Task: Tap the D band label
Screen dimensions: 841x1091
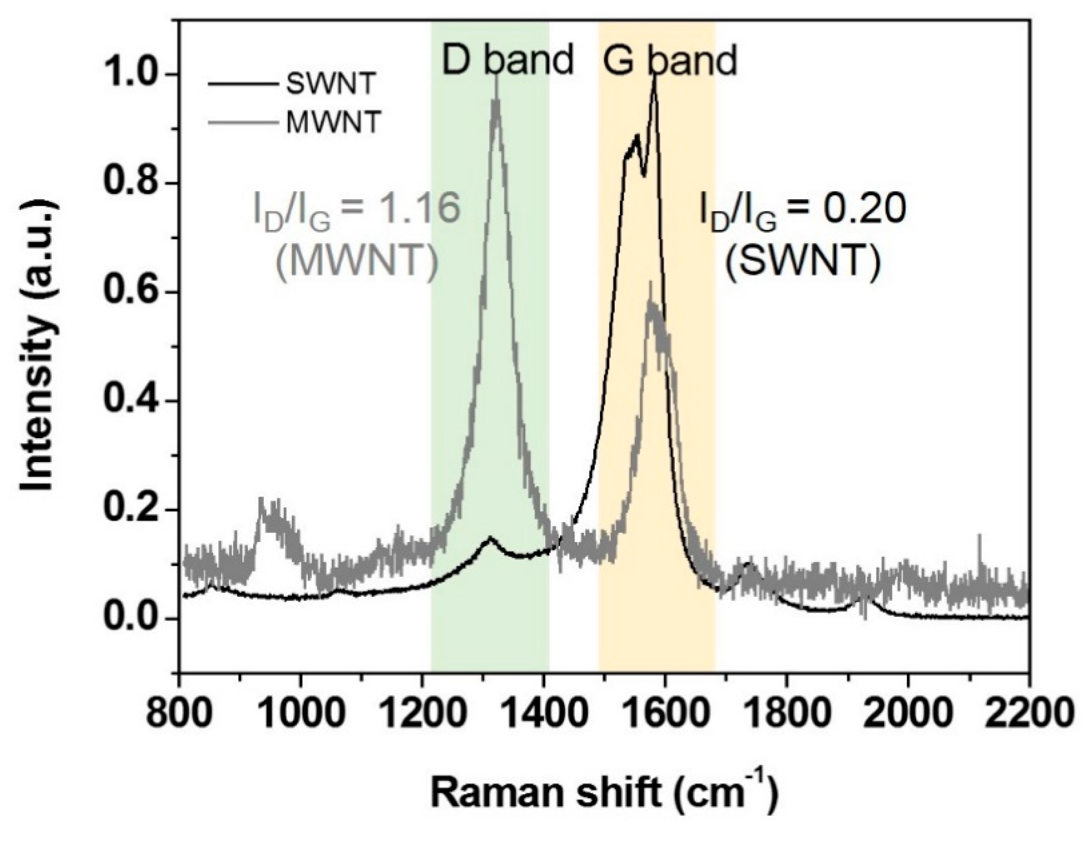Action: click(x=508, y=60)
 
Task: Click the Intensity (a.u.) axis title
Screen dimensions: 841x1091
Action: click(x=38, y=345)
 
